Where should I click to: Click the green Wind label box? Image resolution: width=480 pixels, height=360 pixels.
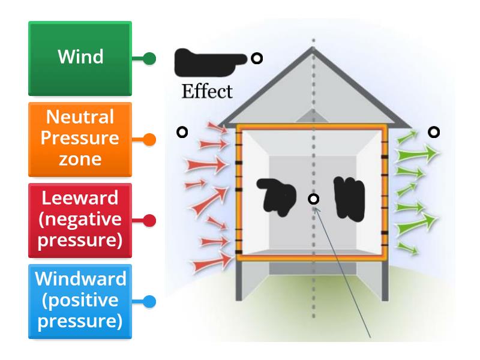click(80, 58)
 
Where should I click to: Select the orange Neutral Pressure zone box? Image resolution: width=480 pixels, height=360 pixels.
click(80, 139)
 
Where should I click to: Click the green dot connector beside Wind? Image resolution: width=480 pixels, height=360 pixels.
click(150, 59)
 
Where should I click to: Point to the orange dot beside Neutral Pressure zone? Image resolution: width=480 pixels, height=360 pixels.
click(150, 140)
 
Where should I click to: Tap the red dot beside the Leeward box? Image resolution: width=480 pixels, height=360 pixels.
click(150, 221)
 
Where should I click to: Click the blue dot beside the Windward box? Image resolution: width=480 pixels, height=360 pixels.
click(150, 302)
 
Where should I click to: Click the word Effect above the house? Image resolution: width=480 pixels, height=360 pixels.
click(206, 92)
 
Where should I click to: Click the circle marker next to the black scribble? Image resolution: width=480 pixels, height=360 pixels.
click(257, 58)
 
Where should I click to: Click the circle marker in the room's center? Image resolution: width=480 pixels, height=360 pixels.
click(313, 199)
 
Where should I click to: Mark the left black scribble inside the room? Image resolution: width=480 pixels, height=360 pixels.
click(277, 197)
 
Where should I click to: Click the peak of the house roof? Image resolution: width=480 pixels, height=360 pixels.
click(313, 49)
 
